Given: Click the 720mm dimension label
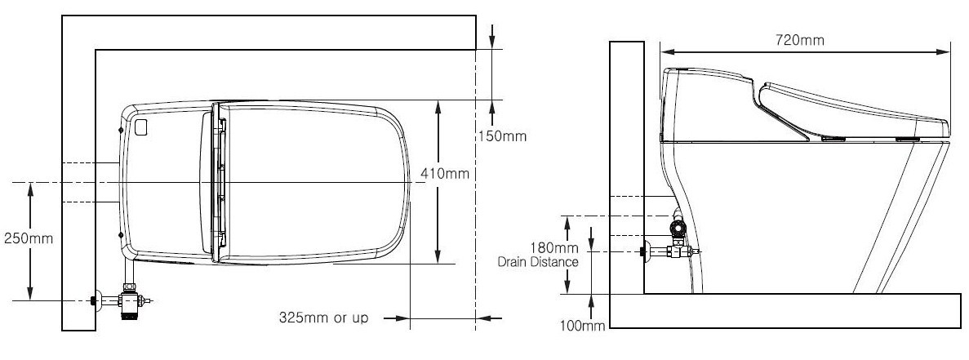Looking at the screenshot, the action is click(800, 40).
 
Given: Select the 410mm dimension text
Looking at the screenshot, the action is click(444, 174).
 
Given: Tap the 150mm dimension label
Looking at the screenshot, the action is click(502, 136).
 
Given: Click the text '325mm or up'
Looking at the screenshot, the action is click(323, 318).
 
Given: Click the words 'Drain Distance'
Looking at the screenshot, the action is click(538, 262).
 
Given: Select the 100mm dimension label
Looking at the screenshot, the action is click(582, 326).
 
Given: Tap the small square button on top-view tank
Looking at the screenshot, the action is click(141, 127).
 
